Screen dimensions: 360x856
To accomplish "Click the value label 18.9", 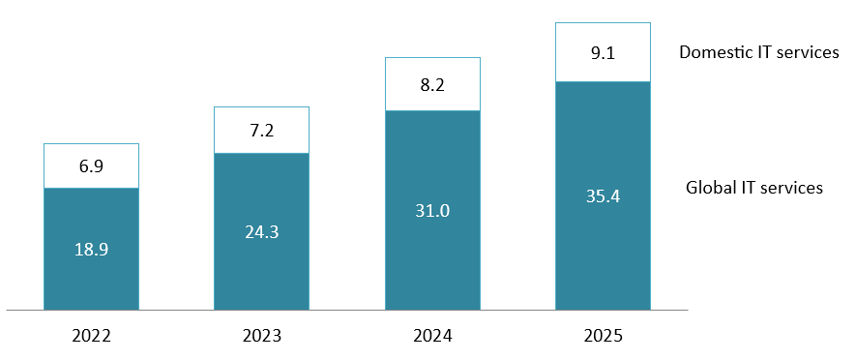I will [92, 249].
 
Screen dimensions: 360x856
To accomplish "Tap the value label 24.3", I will [261, 232].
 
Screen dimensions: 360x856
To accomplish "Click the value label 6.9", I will [92, 166].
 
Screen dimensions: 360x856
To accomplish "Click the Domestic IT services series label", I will [758, 52].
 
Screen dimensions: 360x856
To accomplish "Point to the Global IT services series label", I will [754, 187].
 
